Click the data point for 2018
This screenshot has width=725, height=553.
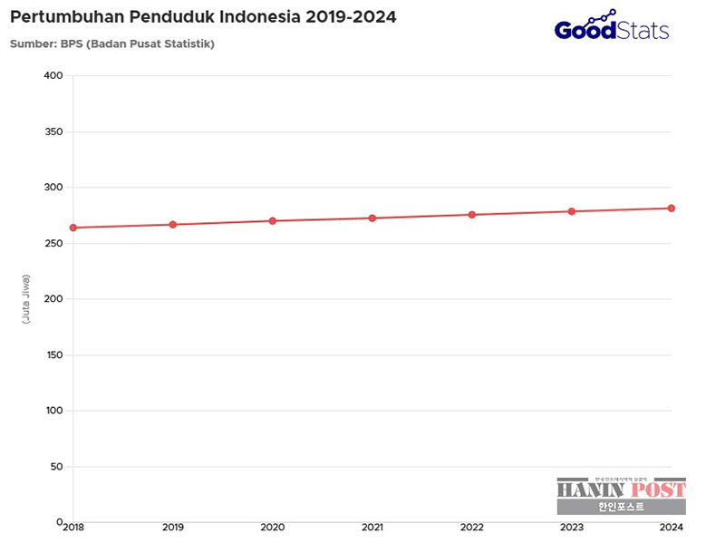coord(72,228)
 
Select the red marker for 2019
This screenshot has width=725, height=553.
coord(172,224)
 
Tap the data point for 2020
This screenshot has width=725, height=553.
coord(272,220)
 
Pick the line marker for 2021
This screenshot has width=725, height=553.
coord(372,218)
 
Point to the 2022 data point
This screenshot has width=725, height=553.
coord(471,214)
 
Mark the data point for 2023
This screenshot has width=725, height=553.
coord(571,211)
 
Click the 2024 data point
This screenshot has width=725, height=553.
coord(672,208)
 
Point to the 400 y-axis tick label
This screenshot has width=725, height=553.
coord(53,75)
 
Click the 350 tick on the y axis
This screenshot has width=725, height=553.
coord(53,131)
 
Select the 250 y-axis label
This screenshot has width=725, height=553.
coord(53,243)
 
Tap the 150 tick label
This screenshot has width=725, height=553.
coord(53,354)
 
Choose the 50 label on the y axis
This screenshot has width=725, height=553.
coord(55,467)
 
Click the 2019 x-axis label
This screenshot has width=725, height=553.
coord(172,527)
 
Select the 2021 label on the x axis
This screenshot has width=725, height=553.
coord(372,527)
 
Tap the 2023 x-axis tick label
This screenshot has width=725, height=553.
coord(571,527)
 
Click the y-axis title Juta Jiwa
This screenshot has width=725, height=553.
coord(26,298)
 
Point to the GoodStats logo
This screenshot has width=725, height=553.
coord(612,27)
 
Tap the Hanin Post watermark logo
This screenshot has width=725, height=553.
coord(621,496)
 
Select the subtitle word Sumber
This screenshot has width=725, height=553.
coord(30,44)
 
